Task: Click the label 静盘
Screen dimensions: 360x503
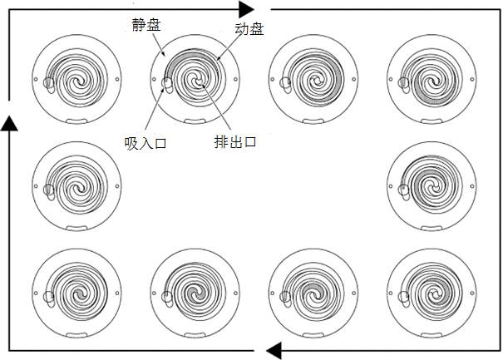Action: [146, 25]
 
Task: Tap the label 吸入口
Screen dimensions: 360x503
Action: [145, 143]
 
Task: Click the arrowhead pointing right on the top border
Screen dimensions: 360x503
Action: [246, 9]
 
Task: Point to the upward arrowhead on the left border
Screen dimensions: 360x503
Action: [9, 122]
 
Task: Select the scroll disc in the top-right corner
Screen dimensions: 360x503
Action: [429, 80]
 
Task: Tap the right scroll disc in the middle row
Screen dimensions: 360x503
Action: [429, 185]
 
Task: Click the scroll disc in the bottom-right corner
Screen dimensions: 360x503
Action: [429, 293]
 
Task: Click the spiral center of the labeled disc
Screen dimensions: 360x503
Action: [196, 81]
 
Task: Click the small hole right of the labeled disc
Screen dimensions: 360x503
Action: [236, 81]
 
